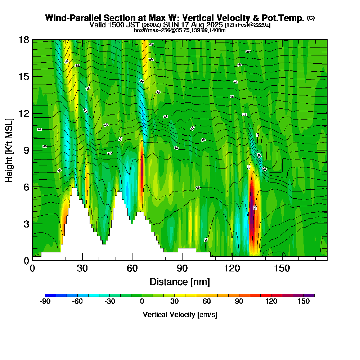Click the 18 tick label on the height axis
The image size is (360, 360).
(x=24, y=40)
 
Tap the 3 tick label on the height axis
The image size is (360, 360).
(x=26, y=224)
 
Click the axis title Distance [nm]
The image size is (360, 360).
(x=180, y=282)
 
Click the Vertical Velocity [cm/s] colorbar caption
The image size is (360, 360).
(x=180, y=315)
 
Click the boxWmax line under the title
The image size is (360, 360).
(x=180, y=30)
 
